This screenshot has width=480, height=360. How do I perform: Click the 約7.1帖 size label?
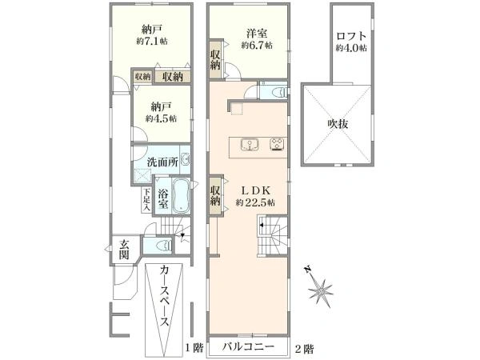click(x=152, y=42)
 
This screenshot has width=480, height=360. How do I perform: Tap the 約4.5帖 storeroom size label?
click(x=161, y=118)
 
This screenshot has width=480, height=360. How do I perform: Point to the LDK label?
click(x=256, y=190)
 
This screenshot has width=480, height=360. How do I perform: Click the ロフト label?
click(x=351, y=36)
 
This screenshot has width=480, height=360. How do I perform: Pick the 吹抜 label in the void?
click(x=338, y=124)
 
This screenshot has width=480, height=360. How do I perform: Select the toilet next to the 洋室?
click(x=281, y=92)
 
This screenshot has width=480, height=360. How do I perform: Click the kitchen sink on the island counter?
click(x=250, y=145)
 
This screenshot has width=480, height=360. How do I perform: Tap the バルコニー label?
click(x=248, y=347)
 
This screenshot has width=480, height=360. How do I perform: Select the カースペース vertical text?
click(x=164, y=296)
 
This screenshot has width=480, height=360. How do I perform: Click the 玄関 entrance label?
click(x=124, y=249)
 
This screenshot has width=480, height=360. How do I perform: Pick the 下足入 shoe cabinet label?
click(x=147, y=199)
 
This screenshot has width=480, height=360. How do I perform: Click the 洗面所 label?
click(x=162, y=162)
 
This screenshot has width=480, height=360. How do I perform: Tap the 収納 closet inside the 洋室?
click(x=215, y=59)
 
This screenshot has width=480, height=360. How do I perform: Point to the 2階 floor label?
click(x=304, y=348)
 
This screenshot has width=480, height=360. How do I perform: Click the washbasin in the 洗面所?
click(x=186, y=159)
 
